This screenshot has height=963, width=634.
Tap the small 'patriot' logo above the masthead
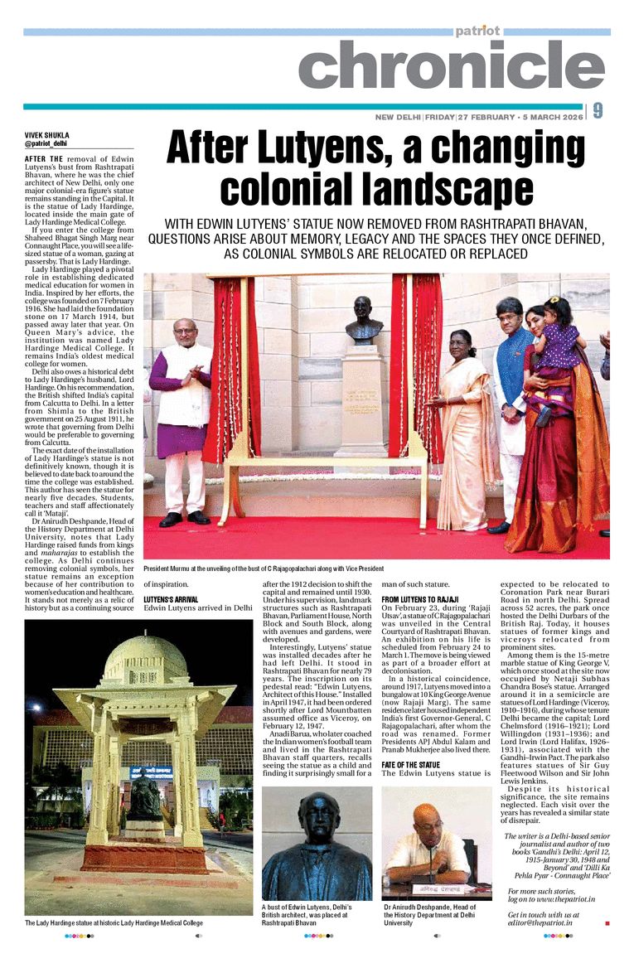(477, 31)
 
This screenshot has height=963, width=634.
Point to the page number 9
(598, 111)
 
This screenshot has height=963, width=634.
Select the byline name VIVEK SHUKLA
(46, 135)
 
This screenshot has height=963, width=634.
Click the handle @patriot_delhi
(46, 143)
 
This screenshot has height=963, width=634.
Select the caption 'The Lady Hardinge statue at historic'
(114, 922)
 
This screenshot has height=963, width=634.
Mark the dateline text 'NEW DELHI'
(397, 117)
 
